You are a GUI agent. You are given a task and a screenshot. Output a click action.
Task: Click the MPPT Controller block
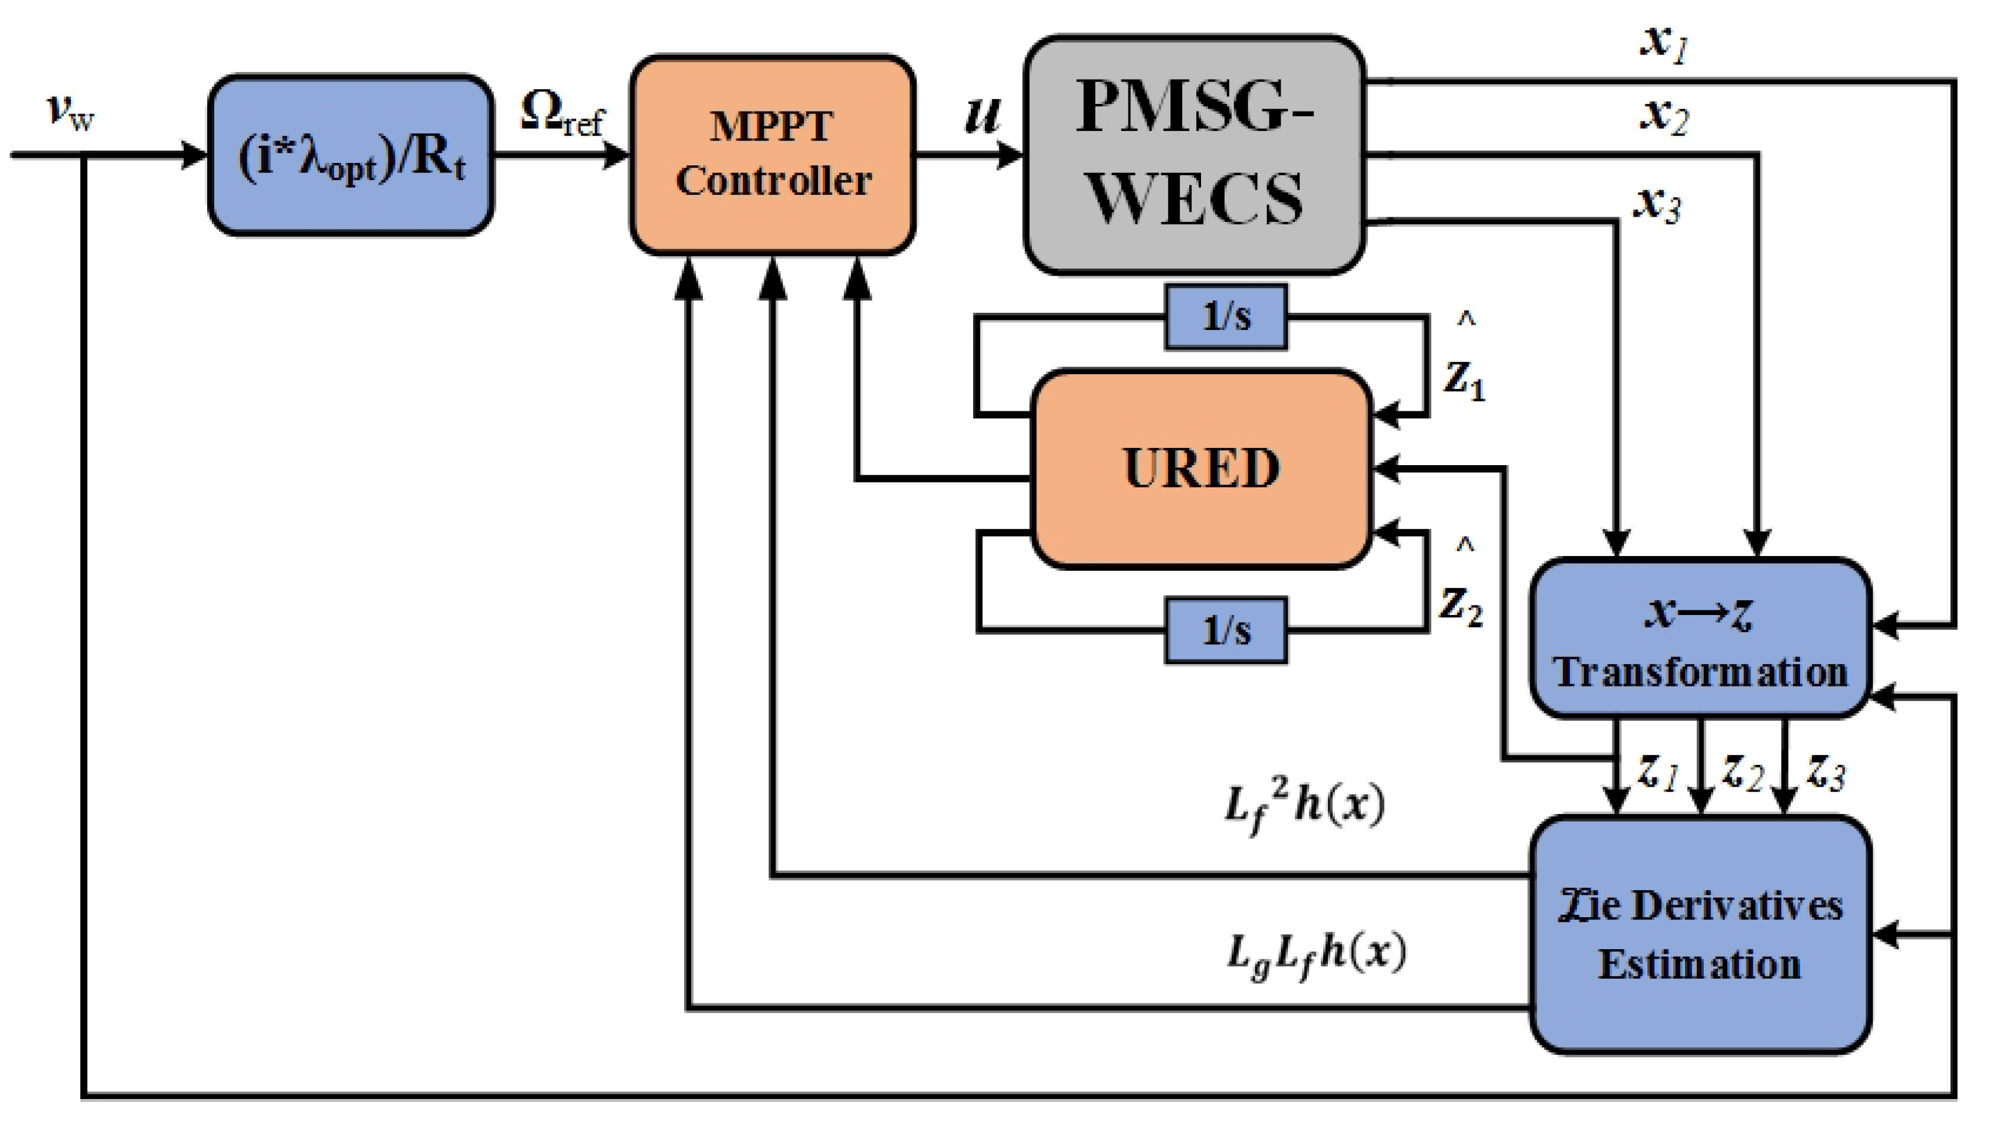click(x=773, y=155)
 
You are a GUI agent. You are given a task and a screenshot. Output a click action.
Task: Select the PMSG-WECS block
click(x=1194, y=155)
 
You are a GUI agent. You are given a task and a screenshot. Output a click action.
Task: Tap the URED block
click(x=1200, y=469)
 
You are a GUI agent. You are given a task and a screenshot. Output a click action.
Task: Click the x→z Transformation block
click(x=1700, y=637)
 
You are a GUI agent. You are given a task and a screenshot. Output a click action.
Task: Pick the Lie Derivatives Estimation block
click(x=1700, y=934)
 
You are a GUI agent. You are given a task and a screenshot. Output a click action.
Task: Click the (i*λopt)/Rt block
click(x=351, y=156)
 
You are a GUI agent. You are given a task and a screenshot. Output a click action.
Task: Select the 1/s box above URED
click(x=1226, y=317)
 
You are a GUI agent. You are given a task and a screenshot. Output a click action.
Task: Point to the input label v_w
click(x=70, y=112)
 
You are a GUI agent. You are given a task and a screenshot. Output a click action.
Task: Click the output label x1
click(x=1664, y=42)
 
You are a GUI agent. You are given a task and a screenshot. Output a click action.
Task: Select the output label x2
click(x=1664, y=116)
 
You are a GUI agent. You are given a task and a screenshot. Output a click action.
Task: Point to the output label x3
click(x=1658, y=203)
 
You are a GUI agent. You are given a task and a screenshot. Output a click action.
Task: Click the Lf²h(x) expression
click(x=1305, y=806)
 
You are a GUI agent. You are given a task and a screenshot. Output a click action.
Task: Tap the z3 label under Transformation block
click(x=1826, y=773)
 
